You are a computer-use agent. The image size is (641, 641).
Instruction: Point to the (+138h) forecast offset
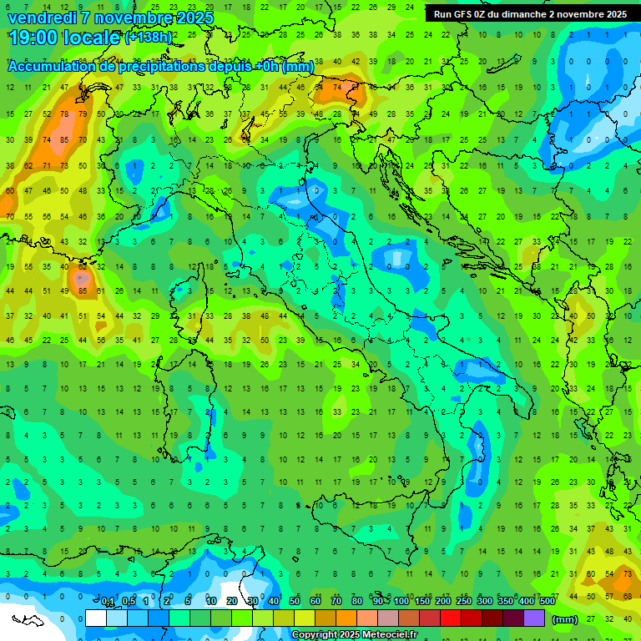[x=149, y=38]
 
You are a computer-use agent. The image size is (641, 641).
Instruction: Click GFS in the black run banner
[x=465, y=14]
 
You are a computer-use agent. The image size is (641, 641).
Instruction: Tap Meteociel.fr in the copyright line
[x=390, y=635]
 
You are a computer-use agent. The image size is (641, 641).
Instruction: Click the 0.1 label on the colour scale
[x=108, y=602]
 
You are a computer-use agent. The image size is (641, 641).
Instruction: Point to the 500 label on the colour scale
[x=548, y=602]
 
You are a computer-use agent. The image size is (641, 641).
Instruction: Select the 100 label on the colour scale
[x=401, y=602]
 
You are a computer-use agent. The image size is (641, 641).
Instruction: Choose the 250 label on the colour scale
[x=464, y=602]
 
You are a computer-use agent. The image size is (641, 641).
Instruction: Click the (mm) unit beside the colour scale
[x=565, y=620]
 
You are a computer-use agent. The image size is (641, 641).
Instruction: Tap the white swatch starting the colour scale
[x=96, y=618]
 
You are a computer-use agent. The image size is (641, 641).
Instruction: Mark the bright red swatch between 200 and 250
[x=451, y=618]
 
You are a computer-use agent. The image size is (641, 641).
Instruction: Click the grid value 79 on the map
[x=83, y=114]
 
